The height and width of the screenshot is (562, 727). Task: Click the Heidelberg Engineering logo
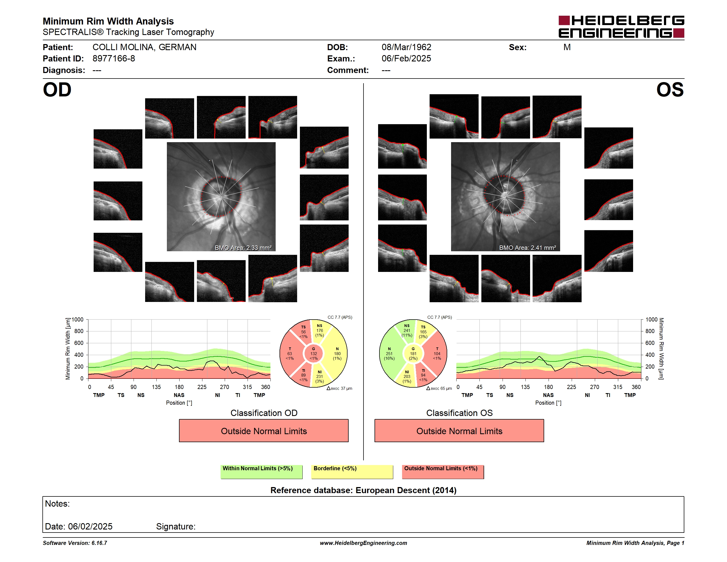click(x=621, y=27)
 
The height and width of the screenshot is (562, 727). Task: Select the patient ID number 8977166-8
click(x=114, y=59)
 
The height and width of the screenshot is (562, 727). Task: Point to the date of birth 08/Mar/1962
click(x=406, y=47)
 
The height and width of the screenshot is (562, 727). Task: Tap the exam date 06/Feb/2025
click(x=406, y=59)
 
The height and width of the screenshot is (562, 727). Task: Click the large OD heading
click(x=57, y=90)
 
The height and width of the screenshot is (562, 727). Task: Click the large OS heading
click(x=670, y=90)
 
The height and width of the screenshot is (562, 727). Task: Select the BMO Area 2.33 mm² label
click(x=243, y=248)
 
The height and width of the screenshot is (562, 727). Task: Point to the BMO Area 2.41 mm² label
click(x=528, y=248)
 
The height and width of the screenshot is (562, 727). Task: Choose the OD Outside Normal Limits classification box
click(x=264, y=431)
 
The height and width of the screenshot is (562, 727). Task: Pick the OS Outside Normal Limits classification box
click(x=459, y=431)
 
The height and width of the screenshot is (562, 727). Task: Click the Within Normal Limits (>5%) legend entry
click(x=261, y=472)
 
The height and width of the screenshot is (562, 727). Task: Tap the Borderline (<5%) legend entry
click(x=352, y=472)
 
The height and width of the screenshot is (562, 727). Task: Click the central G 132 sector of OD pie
click(x=314, y=353)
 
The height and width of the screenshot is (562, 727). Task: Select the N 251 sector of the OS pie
click(x=389, y=353)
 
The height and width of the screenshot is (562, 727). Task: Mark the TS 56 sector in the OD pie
click(x=302, y=331)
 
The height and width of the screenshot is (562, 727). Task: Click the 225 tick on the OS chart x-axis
click(x=571, y=387)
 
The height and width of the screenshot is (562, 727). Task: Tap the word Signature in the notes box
click(x=176, y=526)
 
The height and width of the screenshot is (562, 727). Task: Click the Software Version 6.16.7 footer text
click(x=75, y=543)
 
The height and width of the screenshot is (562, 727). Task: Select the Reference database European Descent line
click(x=363, y=490)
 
